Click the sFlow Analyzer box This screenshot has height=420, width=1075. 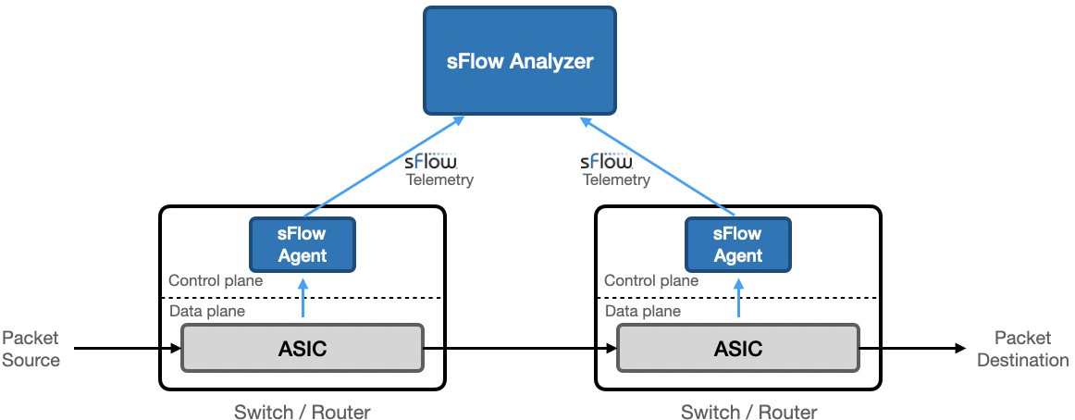(521, 61)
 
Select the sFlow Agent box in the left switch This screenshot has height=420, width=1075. (303, 244)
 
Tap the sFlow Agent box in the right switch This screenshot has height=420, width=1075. (738, 244)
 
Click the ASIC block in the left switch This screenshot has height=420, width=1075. (303, 348)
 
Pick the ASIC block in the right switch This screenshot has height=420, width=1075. (738, 348)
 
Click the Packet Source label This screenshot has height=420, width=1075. (31, 350)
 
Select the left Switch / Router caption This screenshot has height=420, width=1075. (303, 412)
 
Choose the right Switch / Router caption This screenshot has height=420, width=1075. (749, 412)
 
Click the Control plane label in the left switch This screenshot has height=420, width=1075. (216, 280)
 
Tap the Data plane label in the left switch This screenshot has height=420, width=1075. (207, 311)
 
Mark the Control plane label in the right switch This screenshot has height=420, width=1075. (651, 280)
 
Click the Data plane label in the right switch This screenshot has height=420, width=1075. (643, 311)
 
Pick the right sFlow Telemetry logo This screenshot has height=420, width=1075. (613, 169)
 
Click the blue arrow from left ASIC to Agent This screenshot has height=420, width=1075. (303, 302)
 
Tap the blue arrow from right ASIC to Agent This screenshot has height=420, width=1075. (738, 302)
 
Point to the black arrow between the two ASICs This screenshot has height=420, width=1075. (518, 349)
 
